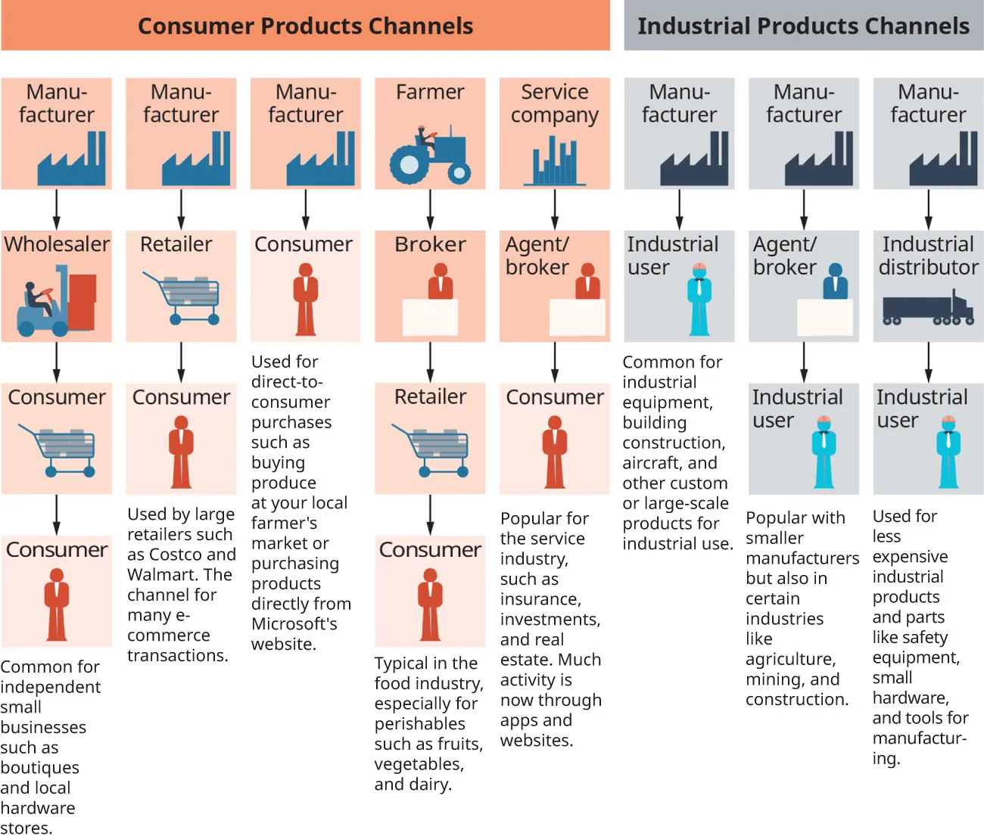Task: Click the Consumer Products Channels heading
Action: tap(305, 26)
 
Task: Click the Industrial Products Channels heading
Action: tap(803, 26)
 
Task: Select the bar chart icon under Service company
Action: tap(554, 161)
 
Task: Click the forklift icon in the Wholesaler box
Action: tap(56, 301)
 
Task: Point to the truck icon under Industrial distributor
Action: tap(928, 308)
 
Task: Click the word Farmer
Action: tap(430, 92)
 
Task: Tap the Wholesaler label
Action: tap(57, 244)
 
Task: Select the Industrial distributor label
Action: tap(928, 256)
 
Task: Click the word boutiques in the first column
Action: tap(39, 768)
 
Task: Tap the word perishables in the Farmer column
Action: tap(419, 724)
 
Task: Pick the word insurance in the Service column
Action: tap(540, 599)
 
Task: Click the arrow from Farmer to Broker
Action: tap(430, 210)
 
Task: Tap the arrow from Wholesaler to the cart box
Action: tap(57, 362)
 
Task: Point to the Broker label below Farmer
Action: tap(430, 244)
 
